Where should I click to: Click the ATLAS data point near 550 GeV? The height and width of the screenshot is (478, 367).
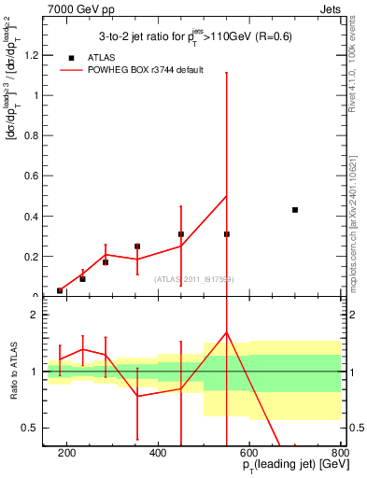tap(227, 234)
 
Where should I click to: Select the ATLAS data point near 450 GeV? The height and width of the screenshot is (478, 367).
tap(181, 234)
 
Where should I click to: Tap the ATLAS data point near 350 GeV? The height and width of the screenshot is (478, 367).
tap(137, 246)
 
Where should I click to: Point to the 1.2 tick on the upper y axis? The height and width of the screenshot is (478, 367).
tap(34, 54)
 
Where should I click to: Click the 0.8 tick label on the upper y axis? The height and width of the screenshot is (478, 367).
tap(34, 135)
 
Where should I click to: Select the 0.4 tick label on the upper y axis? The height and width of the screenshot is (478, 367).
tap(34, 217)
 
